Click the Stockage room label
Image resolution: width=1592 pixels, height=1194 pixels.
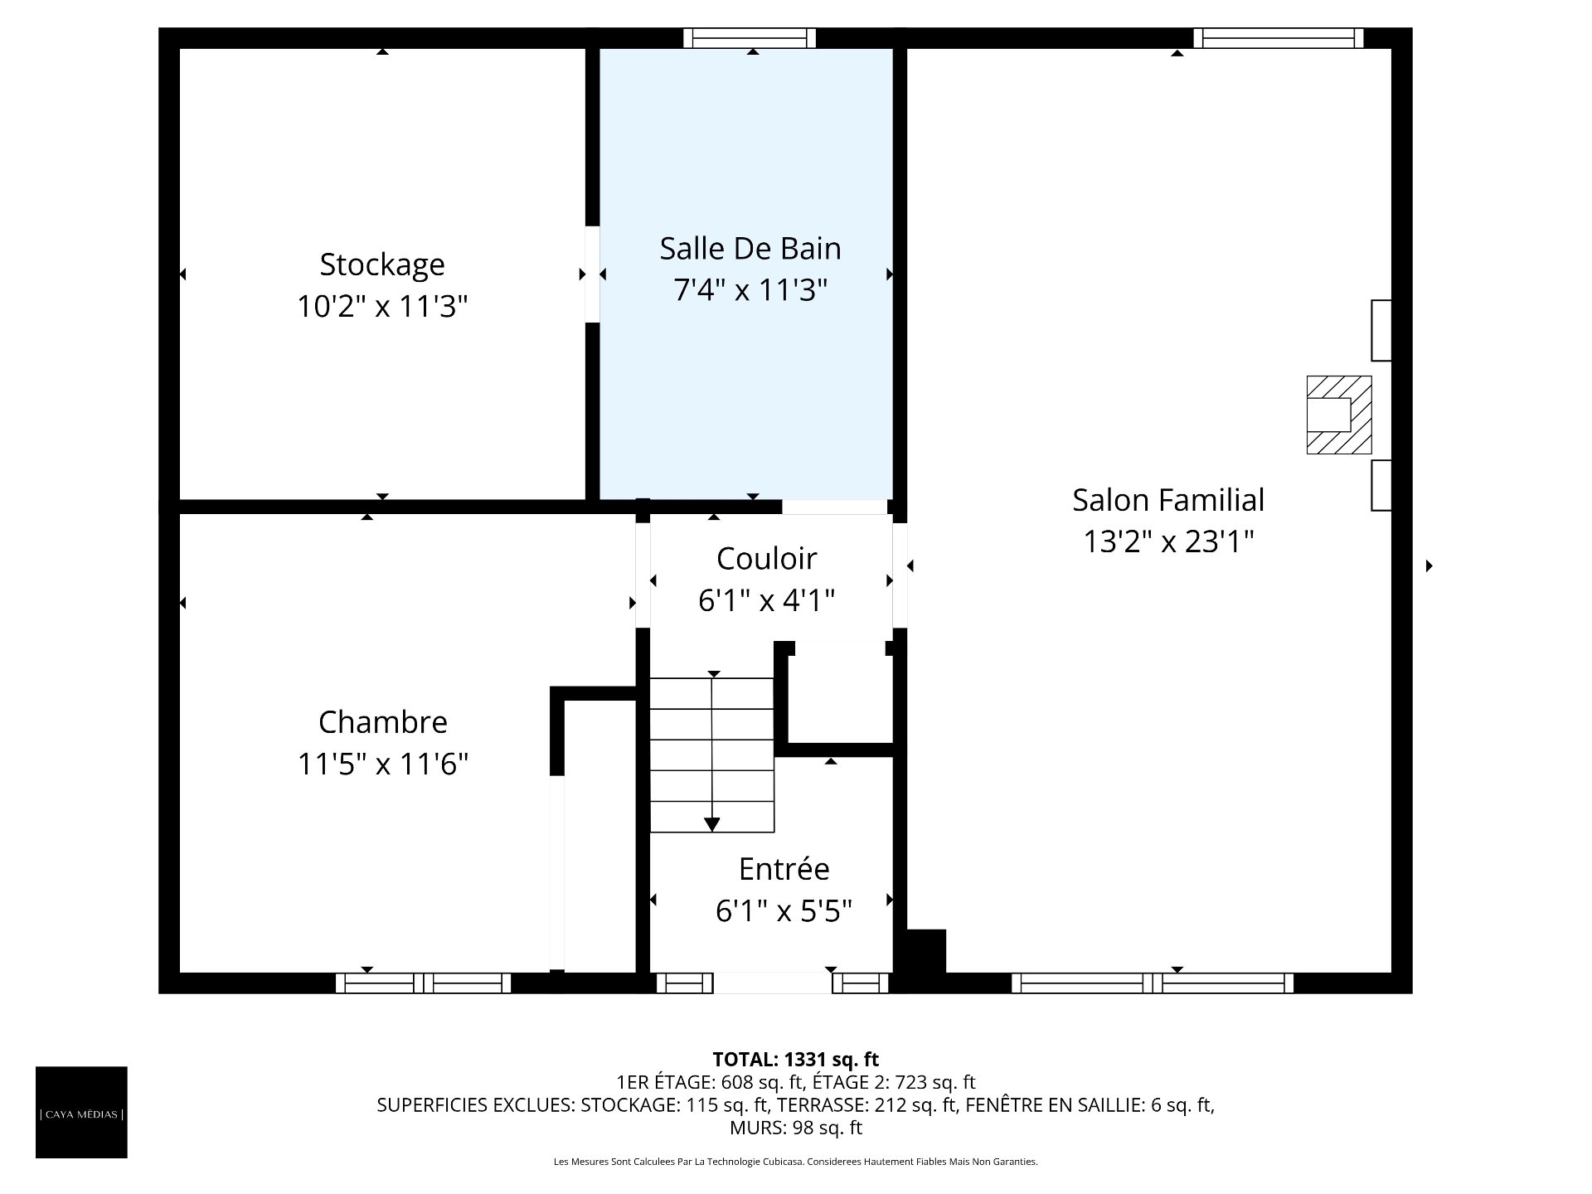tap(382, 265)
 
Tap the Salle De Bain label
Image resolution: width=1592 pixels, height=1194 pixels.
tap(750, 249)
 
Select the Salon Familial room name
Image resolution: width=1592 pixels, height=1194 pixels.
tap(1168, 500)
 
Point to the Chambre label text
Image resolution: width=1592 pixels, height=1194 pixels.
tap(383, 722)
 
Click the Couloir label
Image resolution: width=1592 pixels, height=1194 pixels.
tap(767, 559)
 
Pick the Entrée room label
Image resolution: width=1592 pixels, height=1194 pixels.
tap(784, 869)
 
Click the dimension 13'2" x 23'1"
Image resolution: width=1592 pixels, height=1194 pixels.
tap(1168, 542)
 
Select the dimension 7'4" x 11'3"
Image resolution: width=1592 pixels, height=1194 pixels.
tap(750, 290)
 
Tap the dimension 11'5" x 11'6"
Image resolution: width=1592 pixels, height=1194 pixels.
tap(383, 764)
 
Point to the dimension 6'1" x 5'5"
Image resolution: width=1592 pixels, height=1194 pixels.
tap(784, 911)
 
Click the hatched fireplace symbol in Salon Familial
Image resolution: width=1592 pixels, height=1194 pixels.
tap(1338, 415)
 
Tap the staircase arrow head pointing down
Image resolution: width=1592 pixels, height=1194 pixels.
tap(711, 824)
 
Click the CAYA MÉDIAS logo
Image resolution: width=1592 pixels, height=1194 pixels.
tap(81, 1112)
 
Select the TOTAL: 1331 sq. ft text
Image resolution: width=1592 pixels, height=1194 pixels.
tap(796, 1059)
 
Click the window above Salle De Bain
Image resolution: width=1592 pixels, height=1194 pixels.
tap(750, 38)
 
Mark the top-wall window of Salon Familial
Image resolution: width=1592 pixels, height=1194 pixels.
tap(1279, 38)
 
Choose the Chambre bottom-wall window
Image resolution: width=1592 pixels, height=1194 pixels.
tap(423, 983)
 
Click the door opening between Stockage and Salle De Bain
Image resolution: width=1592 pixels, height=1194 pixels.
tap(592, 274)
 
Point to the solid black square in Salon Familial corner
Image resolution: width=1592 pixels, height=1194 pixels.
tap(926, 950)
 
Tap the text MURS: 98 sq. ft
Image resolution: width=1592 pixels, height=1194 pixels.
tap(796, 1128)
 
